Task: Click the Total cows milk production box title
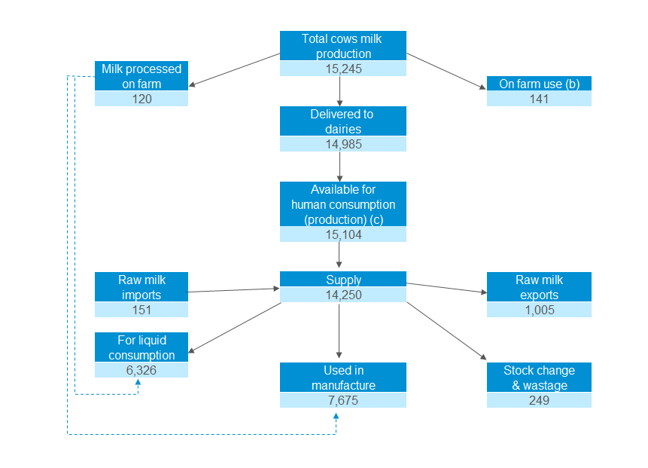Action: (x=343, y=46)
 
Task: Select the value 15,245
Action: (x=343, y=69)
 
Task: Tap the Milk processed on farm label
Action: (x=141, y=76)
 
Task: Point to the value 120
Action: (x=141, y=99)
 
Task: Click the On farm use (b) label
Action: (x=539, y=84)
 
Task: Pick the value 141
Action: (x=539, y=99)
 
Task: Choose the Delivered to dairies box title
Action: (x=343, y=121)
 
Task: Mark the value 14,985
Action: (x=343, y=144)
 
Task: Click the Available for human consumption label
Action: (x=343, y=203)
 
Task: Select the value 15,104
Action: (x=343, y=234)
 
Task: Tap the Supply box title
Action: (x=343, y=280)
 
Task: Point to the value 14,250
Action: (x=343, y=295)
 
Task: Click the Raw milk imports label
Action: (x=141, y=287)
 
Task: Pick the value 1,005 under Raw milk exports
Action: (x=539, y=310)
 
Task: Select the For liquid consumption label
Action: (x=141, y=347)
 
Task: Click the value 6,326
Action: (x=141, y=370)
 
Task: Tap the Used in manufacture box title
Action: (x=343, y=378)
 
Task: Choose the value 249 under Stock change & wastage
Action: (x=539, y=400)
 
